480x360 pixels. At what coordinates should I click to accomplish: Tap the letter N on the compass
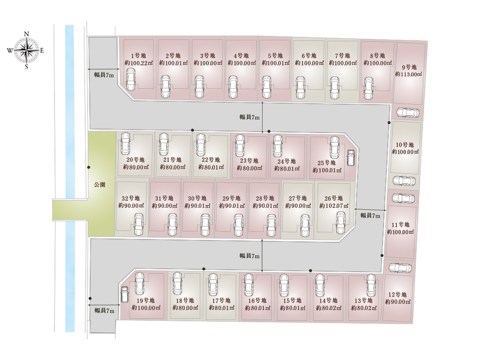pos(27,34)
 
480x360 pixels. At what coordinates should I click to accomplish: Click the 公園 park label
pos(100,184)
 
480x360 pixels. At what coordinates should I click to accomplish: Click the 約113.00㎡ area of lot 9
pos(408,74)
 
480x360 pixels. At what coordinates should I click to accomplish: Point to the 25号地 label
pos(327,162)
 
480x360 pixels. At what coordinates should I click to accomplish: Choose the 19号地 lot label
pos(146,300)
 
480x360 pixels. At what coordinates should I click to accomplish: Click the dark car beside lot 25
pos(351,157)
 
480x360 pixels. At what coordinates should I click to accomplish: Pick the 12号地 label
pos(398,294)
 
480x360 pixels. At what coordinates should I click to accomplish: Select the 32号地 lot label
pos(131,198)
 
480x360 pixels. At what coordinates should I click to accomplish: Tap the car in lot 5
pos(267,86)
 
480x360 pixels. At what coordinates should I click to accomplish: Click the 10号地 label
pos(405,144)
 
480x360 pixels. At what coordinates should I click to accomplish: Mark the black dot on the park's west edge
pos(89,167)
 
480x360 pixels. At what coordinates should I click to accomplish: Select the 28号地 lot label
pos(265,198)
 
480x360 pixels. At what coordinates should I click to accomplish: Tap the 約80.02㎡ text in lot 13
pos(364,308)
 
